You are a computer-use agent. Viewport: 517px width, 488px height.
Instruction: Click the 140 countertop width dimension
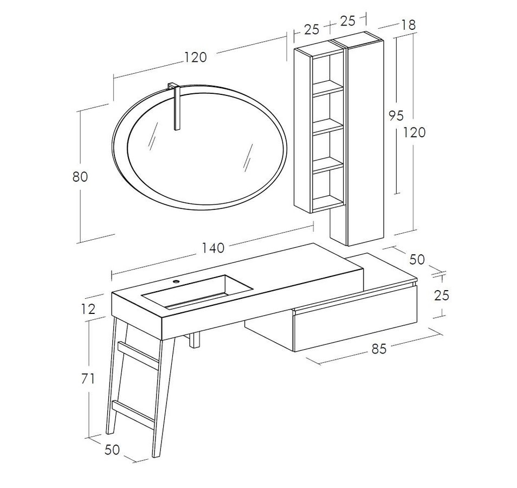click(x=214, y=248)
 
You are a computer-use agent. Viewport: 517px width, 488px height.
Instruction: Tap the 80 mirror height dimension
click(x=80, y=177)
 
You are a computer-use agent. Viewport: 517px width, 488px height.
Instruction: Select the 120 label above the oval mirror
click(x=195, y=57)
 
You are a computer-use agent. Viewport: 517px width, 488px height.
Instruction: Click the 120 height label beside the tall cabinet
click(x=414, y=132)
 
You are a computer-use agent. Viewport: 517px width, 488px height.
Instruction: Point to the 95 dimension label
click(x=396, y=115)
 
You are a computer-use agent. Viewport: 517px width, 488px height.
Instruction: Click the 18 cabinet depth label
click(x=409, y=25)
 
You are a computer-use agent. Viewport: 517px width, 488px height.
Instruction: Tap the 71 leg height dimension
click(x=88, y=379)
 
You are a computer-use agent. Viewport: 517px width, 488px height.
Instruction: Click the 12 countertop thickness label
click(x=88, y=309)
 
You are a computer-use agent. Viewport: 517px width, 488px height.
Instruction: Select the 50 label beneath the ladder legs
click(x=112, y=449)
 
